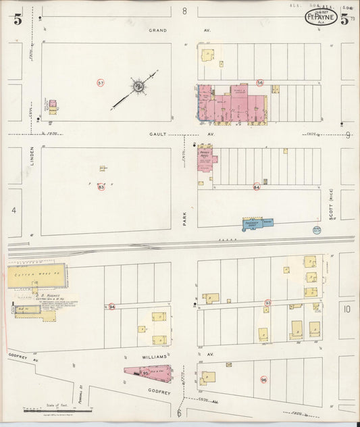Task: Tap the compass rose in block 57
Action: [x=137, y=86]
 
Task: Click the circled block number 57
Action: [x=101, y=82]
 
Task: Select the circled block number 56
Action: [x=260, y=82]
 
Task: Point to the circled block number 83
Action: [x=101, y=187]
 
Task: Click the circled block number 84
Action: [x=257, y=187]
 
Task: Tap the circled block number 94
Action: [x=112, y=307]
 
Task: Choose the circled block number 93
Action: [x=268, y=303]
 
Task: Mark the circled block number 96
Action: [x=263, y=380]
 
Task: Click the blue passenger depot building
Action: [x=259, y=222]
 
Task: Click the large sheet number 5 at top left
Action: [x=17, y=20]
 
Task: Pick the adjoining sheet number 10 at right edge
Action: [x=346, y=309]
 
